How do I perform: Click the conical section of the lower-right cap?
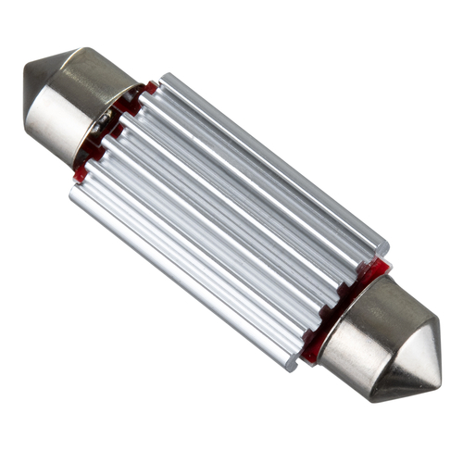pos(412,357)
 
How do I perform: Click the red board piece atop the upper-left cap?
pos(148,89)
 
